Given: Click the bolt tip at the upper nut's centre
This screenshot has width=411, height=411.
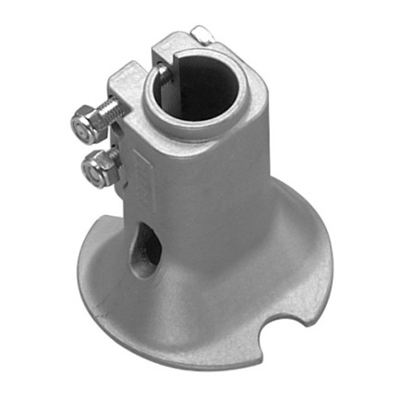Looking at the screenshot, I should click(79, 122).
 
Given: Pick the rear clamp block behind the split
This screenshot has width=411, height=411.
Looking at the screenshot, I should click(180, 42).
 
